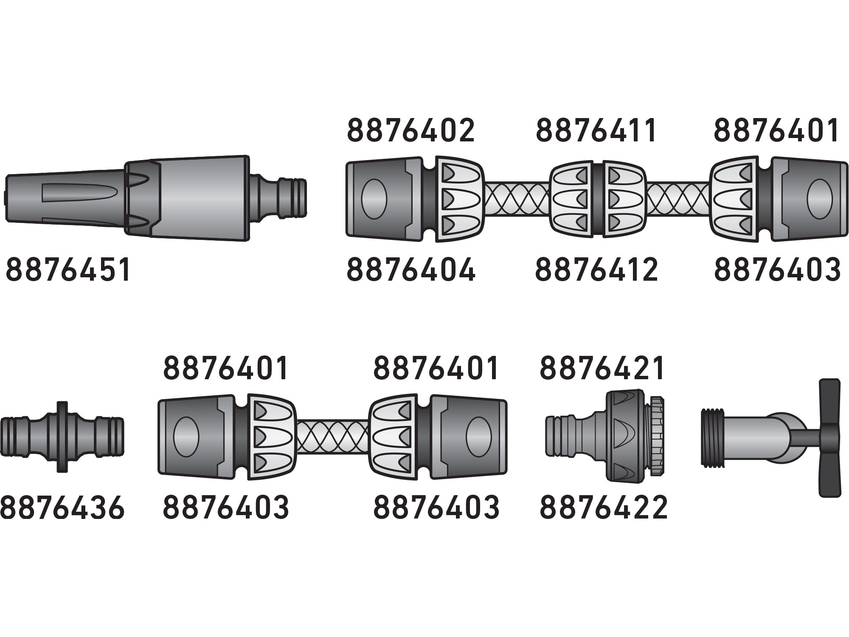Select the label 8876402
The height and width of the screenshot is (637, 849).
[x=410, y=130]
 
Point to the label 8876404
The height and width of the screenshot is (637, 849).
[x=411, y=269]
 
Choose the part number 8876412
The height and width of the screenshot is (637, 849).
[x=596, y=269]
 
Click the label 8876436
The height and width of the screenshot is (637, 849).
[x=62, y=507]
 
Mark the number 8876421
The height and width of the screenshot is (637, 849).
[x=602, y=368]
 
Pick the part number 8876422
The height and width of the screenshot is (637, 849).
[x=603, y=507]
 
